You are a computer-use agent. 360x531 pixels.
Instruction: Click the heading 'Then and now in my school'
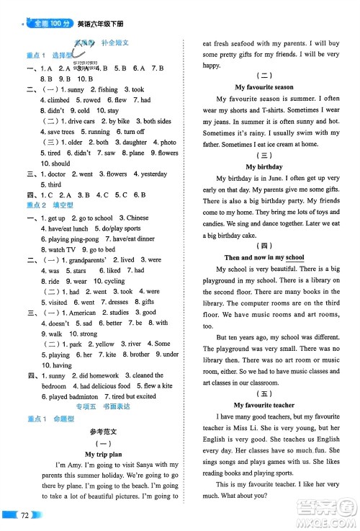(x=264, y=257)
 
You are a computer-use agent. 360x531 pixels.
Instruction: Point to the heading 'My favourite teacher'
(x=264, y=406)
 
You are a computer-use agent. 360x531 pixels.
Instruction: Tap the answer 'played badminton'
(x=73, y=396)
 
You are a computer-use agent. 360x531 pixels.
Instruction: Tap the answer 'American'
(x=81, y=313)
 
